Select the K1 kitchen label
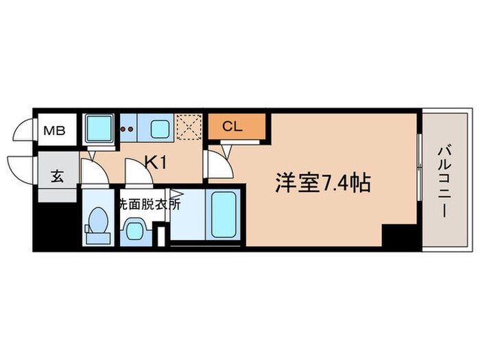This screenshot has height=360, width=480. point(156,163)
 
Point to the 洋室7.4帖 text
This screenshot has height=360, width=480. point(324,182)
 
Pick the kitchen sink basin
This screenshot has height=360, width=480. point(160,128)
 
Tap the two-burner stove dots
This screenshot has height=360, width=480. point(128,128)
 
